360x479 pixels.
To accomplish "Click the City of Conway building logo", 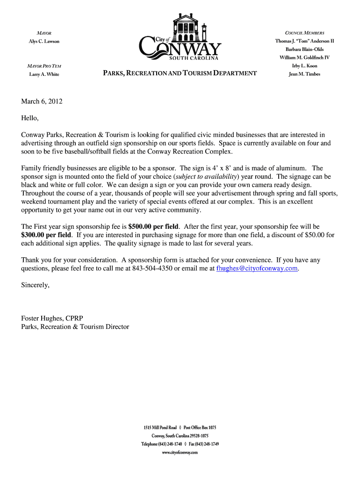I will [180, 37].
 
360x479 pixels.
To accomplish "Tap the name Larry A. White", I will [43, 74].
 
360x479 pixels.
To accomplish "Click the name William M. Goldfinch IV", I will [304, 57].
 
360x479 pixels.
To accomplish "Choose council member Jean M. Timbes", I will [304, 74].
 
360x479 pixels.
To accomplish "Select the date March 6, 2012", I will [42, 101].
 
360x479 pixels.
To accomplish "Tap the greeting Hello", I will [30, 118].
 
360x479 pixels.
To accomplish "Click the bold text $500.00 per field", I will [153, 226].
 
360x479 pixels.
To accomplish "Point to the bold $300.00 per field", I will [46, 235].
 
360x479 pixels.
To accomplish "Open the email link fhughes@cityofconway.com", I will [257, 269].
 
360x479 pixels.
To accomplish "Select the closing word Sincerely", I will [35, 285].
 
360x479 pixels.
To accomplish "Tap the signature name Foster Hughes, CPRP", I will [52, 319].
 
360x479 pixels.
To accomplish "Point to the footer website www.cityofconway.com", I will [180, 452].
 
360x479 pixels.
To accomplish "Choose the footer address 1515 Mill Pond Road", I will [160, 428].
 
